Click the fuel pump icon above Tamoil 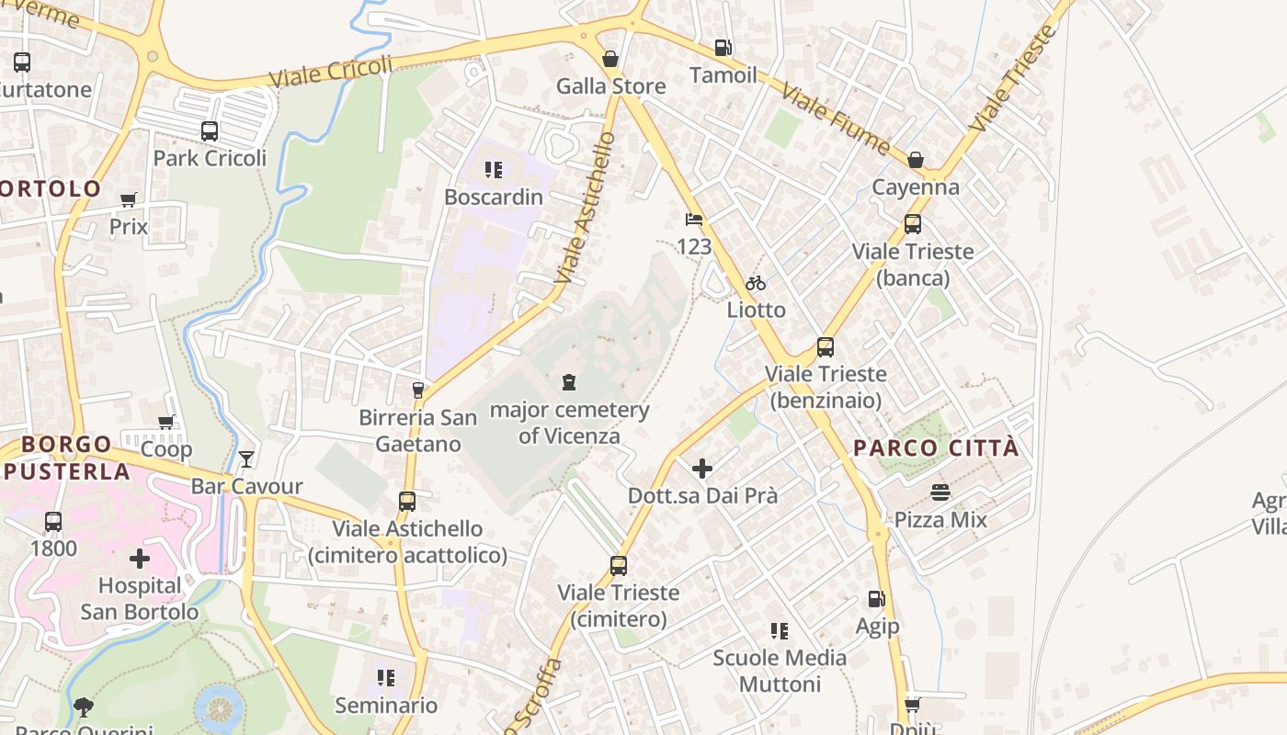[723, 48]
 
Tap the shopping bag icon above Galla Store [609, 60]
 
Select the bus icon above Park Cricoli [210, 131]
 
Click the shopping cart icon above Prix [129, 199]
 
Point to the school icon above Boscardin [494, 170]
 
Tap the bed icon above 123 [694, 220]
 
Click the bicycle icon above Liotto [756, 283]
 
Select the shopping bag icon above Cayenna [916, 161]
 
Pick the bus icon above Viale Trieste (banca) [913, 224]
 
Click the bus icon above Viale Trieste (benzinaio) [826, 347]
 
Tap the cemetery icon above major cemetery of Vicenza [569, 382]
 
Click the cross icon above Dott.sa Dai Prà [702, 469]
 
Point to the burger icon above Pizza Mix [940, 492]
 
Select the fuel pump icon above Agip [877, 599]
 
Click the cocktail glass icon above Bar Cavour [246, 459]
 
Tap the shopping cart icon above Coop [166, 423]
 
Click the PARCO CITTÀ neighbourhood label [936, 448]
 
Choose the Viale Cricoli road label [331, 72]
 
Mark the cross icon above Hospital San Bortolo [140, 559]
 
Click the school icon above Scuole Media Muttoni [780, 631]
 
